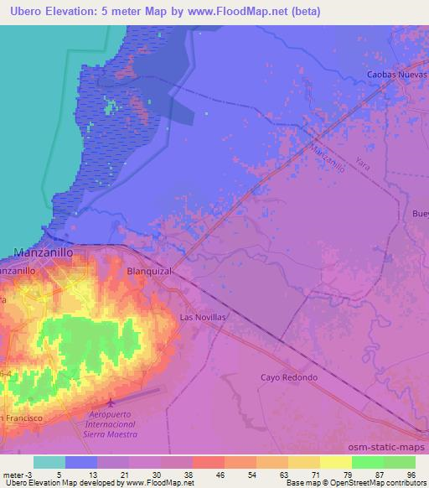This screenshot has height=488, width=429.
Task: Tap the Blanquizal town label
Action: [x=148, y=272]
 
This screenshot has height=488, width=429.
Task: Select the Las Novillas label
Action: [x=204, y=318]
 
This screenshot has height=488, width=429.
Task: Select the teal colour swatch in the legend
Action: [x=49, y=462]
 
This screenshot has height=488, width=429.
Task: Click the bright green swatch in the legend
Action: [x=368, y=462]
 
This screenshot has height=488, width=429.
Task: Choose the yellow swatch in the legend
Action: [x=304, y=462]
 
